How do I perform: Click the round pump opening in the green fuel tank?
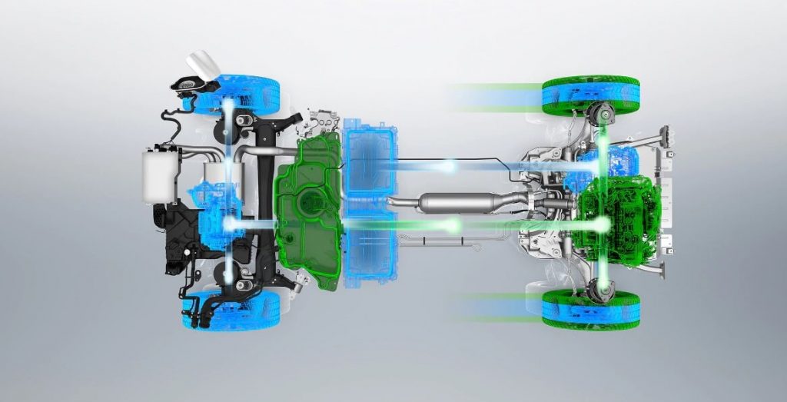coord(310,201)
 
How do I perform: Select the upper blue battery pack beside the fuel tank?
coord(369,158)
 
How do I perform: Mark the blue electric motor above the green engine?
coord(615,161)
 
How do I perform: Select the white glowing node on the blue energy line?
coord(449,165)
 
